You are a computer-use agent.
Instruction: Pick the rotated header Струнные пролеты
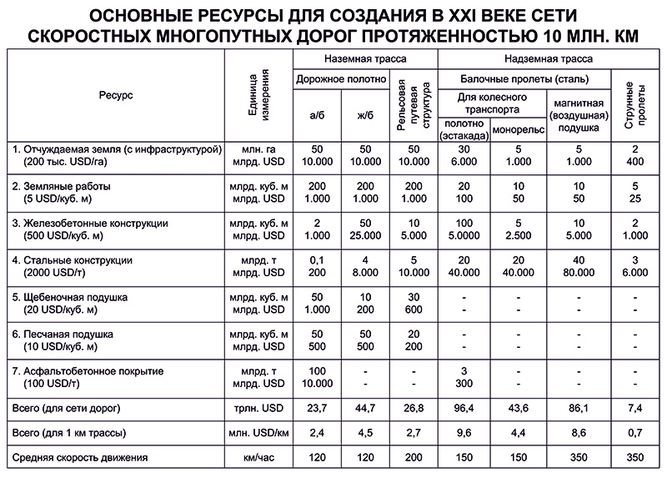[x=635, y=104]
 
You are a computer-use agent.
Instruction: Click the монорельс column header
[x=518, y=130]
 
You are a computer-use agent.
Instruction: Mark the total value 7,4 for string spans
[x=635, y=408]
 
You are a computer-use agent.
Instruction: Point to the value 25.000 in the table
[x=364, y=236]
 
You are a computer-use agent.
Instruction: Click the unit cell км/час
[x=258, y=457]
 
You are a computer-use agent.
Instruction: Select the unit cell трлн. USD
[x=258, y=408]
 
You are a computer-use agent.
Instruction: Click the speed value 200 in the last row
[x=414, y=457]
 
